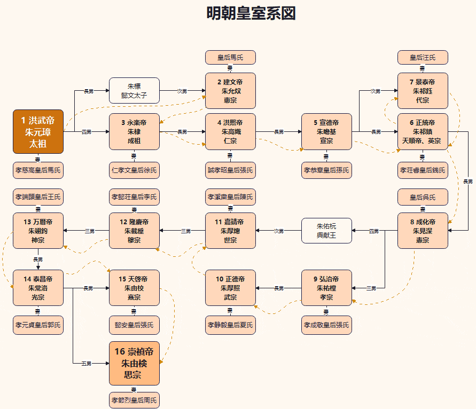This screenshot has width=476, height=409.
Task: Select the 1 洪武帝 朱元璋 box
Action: click(38, 131)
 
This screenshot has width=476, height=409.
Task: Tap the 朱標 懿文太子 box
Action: click(134, 90)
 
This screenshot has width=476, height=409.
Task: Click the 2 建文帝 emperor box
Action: click(230, 90)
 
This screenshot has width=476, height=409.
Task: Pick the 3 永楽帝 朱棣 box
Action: click(134, 131)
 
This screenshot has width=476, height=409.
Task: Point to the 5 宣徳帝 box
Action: click(326, 131)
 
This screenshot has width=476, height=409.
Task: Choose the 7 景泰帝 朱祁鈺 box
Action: click(422, 90)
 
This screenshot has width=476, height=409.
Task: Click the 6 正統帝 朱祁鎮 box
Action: click(422, 131)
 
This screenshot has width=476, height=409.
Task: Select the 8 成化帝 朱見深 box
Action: click(422, 231)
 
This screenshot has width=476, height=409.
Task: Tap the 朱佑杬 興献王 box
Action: click(326, 231)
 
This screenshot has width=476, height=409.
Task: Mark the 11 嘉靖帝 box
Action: click(230, 231)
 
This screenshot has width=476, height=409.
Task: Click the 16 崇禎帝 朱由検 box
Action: click(134, 363)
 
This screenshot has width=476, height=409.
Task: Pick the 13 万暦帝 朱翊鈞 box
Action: click(38, 231)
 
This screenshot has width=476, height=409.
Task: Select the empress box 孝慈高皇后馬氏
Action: click(38, 170)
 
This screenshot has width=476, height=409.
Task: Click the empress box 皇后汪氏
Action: click(422, 57)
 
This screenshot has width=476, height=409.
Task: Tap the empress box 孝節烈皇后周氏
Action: click(134, 399)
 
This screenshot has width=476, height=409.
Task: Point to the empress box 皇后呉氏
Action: click(422, 197)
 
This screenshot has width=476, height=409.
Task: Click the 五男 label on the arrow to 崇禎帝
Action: click(87, 364)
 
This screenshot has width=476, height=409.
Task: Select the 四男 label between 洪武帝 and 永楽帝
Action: click(87, 132)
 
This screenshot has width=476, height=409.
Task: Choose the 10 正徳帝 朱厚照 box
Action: click(230, 288)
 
